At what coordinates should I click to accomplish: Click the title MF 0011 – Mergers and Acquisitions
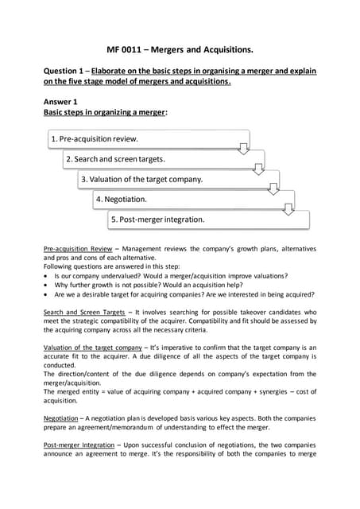(x=180, y=50)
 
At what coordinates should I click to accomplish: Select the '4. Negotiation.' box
(x=188, y=199)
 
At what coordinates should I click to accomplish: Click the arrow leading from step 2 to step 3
(x=258, y=169)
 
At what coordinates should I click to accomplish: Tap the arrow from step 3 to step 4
(x=274, y=188)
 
